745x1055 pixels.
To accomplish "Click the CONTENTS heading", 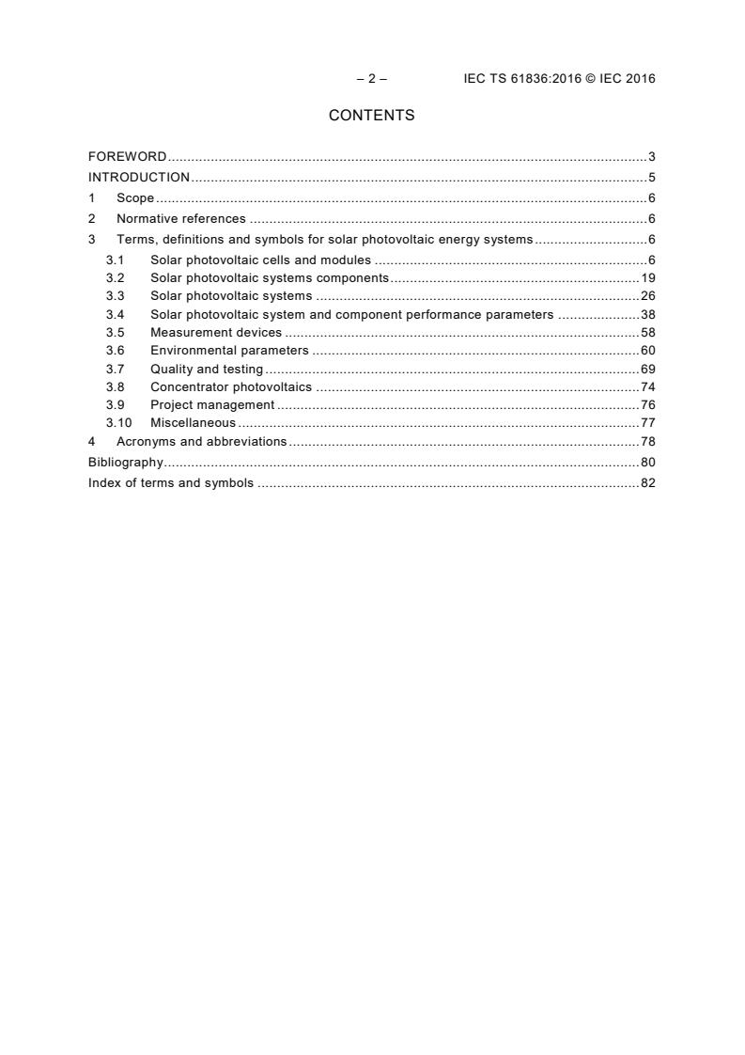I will point(371,116).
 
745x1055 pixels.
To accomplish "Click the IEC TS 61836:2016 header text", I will point(559,79).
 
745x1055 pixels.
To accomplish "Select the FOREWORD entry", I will point(128,156).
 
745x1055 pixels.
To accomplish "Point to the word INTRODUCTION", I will point(139,177).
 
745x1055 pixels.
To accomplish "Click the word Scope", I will point(135,197).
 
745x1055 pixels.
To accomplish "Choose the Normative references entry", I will point(180,218).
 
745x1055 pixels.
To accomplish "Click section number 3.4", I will point(115,314).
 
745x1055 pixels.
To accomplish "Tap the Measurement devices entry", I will point(216,332).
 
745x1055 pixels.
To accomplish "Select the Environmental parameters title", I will point(229,351).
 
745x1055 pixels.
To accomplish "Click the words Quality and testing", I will point(207,370).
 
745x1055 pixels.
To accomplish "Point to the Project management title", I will point(212,404).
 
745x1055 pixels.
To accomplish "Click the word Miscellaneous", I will point(193,423).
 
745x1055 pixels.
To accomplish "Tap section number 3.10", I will point(118,423).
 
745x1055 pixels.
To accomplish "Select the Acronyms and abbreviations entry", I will point(201,441).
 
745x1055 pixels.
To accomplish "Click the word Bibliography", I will point(126,462).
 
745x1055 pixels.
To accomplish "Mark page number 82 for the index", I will point(647,482).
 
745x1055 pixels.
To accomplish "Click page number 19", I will point(647,277).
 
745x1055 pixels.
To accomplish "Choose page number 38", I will point(647,314).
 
